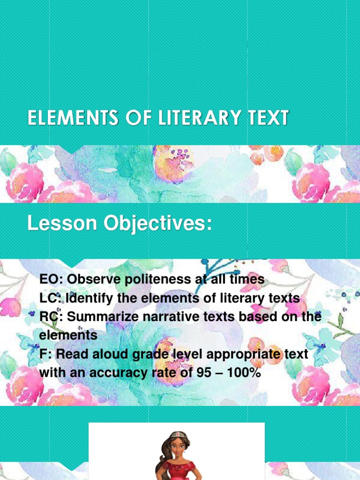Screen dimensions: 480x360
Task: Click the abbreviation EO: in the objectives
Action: pyautogui.click(x=51, y=280)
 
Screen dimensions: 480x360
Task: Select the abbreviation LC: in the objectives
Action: pyautogui.click(x=51, y=299)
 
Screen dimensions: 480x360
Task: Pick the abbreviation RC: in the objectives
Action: pyautogui.click(x=51, y=317)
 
